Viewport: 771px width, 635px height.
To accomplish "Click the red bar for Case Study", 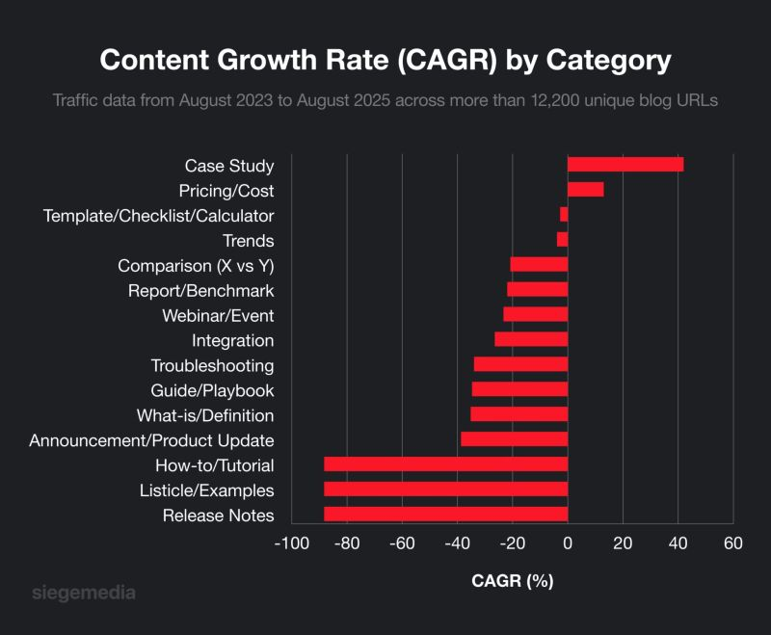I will pyautogui.click(x=625, y=165).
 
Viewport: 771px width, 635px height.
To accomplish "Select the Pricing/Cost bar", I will pyautogui.click(x=585, y=190).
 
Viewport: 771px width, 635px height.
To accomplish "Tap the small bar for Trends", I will pyautogui.click(x=563, y=240).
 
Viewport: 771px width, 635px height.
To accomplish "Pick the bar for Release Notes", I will pyautogui.click(x=445, y=515).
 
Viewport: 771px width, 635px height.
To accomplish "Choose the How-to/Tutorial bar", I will pyautogui.click(x=445, y=464).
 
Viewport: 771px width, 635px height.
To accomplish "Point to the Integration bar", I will pyautogui.click(x=531, y=340).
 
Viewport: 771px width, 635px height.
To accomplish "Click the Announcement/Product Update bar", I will pyautogui.click(x=515, y=439).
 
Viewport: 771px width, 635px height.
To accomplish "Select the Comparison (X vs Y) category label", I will pyautogui.click(x=196, y=266).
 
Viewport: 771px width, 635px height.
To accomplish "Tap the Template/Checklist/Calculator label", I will pyautogui.click(x=159, y=216).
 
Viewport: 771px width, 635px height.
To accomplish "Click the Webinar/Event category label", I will pyautogui.click(x=218, y=316).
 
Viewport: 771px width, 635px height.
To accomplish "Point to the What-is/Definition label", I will pyautogui.click(x=205, y=415).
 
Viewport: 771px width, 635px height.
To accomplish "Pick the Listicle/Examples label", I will pyautogui.click(x=207, y=490).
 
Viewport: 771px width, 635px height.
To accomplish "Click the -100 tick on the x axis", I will pyautogui.click(x=292, y=542).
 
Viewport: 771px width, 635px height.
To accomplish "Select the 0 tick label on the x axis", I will pyautogui.click(x=568, y=542).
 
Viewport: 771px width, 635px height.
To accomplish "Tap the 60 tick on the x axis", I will pyautogui.click(x=732, y=542).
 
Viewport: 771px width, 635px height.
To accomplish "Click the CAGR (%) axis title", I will pyautogui.click(x=512, y=581).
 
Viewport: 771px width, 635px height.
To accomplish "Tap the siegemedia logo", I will pyautogui.click(x=84, y=592).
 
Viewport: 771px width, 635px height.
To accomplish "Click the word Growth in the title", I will pyautogui.click(x=272, y=60).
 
